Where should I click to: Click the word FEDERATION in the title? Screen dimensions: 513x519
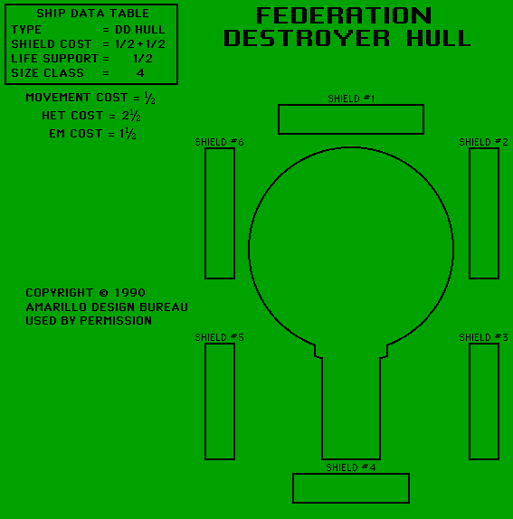tap(344, 15)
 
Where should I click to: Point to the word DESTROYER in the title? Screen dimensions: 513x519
tap(307, 38)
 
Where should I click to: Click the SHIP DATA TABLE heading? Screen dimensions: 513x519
tap(92, 14)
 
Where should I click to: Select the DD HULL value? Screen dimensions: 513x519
tap(139, 30)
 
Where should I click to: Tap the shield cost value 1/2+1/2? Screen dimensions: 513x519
tap(140, 44)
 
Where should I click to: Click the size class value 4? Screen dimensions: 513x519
tap(140, 73)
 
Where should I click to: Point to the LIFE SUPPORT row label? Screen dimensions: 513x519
tap(54, 59)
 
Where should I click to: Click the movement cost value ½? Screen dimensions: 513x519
tap(149, 98)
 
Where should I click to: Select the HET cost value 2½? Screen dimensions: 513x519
tap(131, 116)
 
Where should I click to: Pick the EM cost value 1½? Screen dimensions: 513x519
tap(128, 134)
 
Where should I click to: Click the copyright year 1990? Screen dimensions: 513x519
tap(129, 293)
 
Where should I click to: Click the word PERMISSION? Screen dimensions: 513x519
tap(116, 321)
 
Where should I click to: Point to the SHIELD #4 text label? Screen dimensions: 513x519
tap(351, 467)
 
